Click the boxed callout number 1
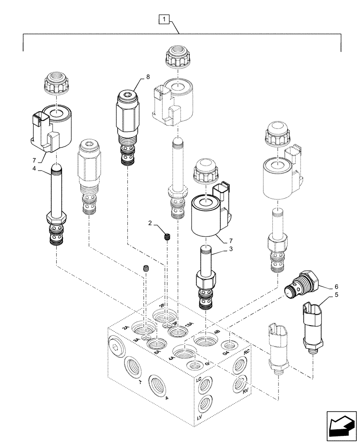pos(164,19)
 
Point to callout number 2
pos(151,222)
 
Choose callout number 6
pos(336,287)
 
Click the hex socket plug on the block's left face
pos(116,348)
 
